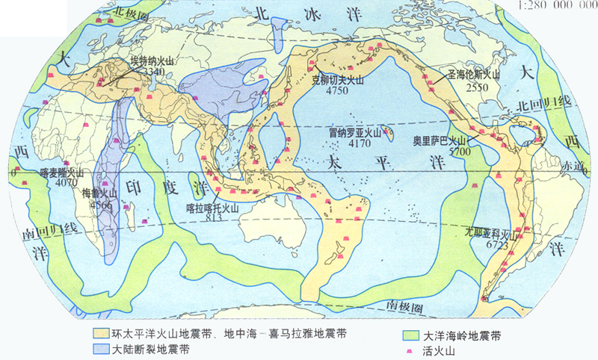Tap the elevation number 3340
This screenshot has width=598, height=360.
coord(153,71)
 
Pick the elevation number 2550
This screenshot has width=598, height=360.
coord(476,86)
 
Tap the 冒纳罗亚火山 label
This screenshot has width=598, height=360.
coord(355,132)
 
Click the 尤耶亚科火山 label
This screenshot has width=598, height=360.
coord(490,232)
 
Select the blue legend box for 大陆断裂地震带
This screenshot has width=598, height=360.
coord(102,349)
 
